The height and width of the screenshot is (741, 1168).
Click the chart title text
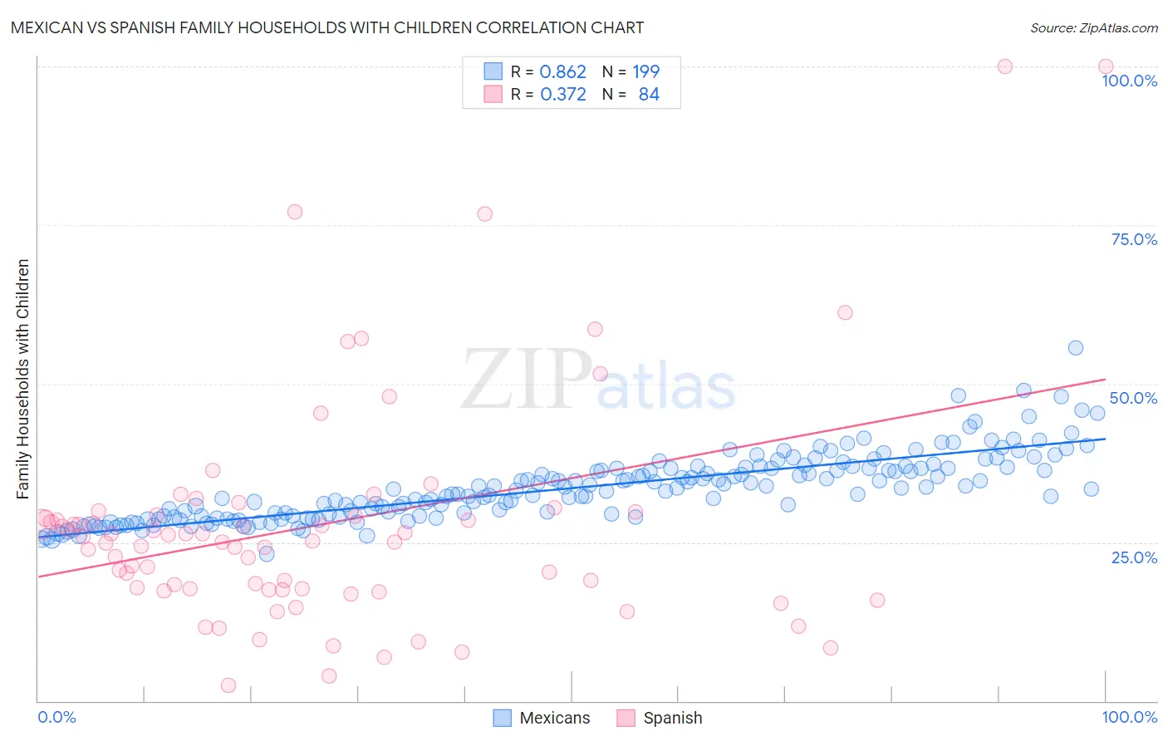point(326,27)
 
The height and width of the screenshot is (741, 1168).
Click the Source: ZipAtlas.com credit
point(1093,27)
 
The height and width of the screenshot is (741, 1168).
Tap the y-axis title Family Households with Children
point(22,379)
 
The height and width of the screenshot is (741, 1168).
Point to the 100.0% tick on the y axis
point(1129,81)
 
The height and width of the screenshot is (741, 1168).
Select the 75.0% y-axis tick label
point(1134,239)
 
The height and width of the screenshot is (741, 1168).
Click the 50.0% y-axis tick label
point(1133,398)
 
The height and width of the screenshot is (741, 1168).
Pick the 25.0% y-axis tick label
point(1134,557)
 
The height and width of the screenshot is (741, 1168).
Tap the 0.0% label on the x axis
point(56,717)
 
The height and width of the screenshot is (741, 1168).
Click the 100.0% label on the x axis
point(1129,717)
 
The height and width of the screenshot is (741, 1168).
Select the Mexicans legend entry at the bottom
point(542,718)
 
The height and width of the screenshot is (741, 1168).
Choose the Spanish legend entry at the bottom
point(660,718)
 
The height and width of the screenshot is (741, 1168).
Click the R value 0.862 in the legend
point(562,72)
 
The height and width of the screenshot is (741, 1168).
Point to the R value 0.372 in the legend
point(562,95)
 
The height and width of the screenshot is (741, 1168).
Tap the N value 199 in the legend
point(645,72)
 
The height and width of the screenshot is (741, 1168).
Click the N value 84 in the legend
point(649,95)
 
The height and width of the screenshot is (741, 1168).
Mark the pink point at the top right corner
point(1105,66)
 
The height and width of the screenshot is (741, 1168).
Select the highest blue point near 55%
point(1075,348)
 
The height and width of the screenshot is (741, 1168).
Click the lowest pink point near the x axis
point(228,685)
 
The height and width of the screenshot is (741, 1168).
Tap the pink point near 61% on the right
point(845,312)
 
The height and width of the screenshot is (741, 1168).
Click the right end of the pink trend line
point(1105,380)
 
